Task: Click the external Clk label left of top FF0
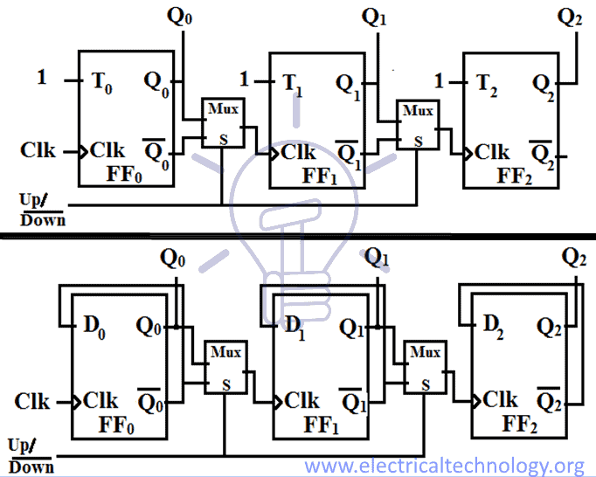pyautogui.click(x=38, y=150)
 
